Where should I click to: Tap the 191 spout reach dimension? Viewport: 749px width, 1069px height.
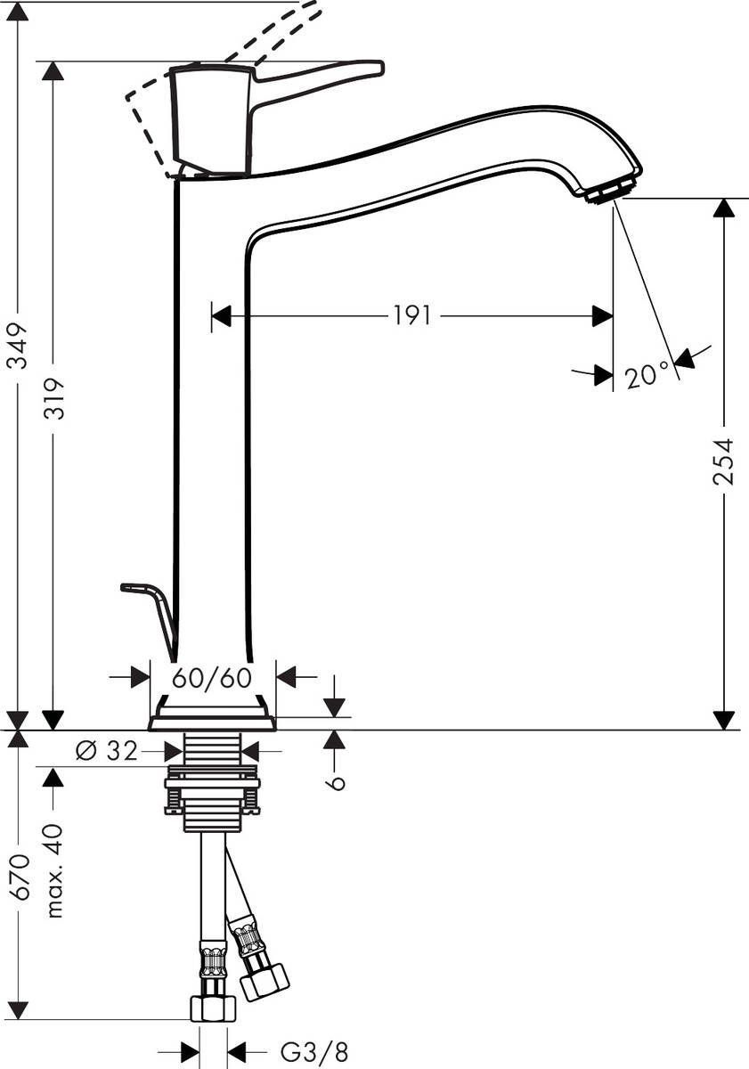[412, 315]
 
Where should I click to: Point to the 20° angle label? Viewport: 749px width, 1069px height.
[646, 376]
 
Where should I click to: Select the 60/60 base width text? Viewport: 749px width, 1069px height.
[212, 678]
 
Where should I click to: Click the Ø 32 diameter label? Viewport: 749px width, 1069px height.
[107, 752]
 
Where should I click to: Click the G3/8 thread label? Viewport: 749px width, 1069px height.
[314, 1052]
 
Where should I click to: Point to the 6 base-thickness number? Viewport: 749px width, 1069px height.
[334, 780]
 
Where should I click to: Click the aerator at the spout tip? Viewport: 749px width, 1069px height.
[612, 189]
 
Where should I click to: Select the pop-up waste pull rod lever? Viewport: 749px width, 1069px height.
[151, 606]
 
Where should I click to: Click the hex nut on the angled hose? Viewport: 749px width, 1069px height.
[265, 982]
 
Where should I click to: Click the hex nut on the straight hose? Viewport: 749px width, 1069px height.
[213, 1008]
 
